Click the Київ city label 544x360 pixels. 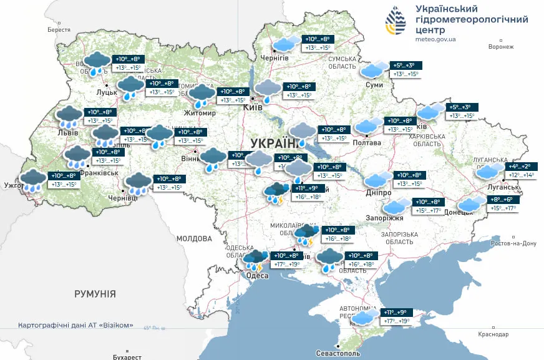click(x=253, y=108)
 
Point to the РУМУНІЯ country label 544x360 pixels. click(x=95, y=293)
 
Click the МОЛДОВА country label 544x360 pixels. click(x=194, y=238)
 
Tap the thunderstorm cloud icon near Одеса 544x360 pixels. click(x=256, y=258)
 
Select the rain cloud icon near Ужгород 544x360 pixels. click(x=32, y=180)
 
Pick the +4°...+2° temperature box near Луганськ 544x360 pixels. click(x=521, y=167)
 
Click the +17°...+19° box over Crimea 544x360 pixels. click(x=396, y=321)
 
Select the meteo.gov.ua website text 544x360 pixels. click(x=435, y=39)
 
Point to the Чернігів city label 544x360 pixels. click(x=274, y=57)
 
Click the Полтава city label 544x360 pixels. click(x=367, y=142)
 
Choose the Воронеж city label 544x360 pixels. click(x=500, y=47)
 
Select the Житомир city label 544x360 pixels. click(x=199, y=113)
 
